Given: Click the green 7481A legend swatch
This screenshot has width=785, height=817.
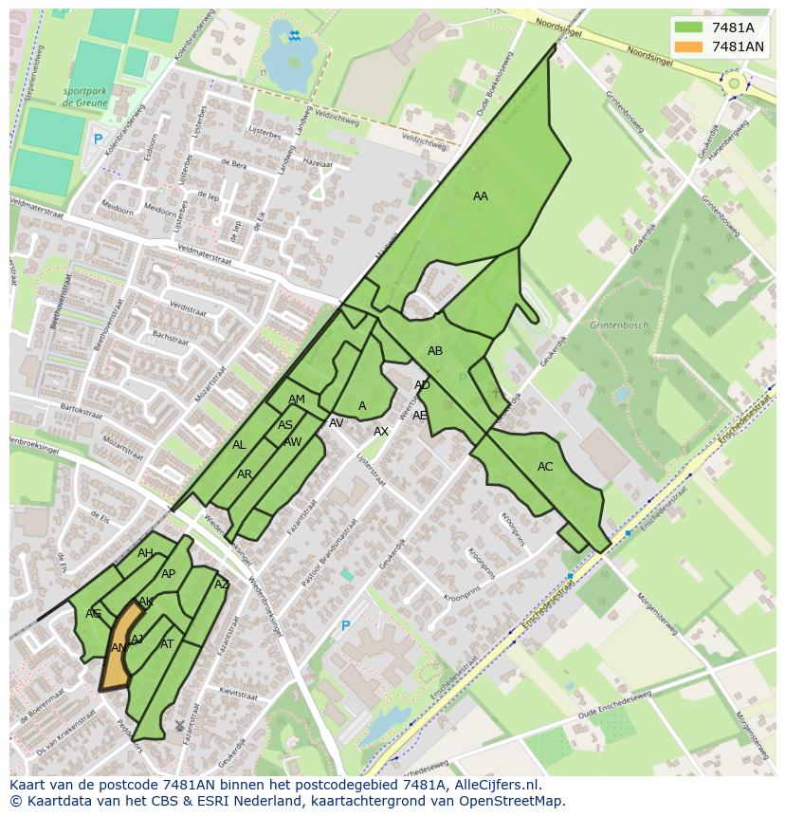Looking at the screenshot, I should point(688,28).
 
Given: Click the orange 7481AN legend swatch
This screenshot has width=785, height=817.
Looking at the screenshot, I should point(688,46).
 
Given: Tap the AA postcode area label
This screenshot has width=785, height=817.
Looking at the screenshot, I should point(481,196).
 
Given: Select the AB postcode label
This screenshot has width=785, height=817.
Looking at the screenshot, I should point(435,351).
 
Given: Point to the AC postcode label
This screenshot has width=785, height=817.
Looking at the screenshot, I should point(545,467).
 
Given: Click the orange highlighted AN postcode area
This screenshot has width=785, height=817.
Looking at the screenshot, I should point(119,648).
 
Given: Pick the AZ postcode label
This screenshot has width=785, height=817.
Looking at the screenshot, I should point(222,585).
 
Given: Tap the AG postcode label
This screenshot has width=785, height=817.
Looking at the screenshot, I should point(93,614).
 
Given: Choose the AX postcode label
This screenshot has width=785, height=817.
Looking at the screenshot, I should point(381,432).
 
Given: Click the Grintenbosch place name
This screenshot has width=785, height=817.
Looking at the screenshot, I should point(619,325).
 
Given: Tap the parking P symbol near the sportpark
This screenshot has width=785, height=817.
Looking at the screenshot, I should point(97,139).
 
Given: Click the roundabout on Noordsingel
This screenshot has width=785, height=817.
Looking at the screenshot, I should point(733,84).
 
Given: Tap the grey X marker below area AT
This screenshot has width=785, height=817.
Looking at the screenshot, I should point(179,725).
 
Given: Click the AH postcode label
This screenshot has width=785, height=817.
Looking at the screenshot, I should point(145,553).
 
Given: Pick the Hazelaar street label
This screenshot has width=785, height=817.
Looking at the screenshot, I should point(318,163).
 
